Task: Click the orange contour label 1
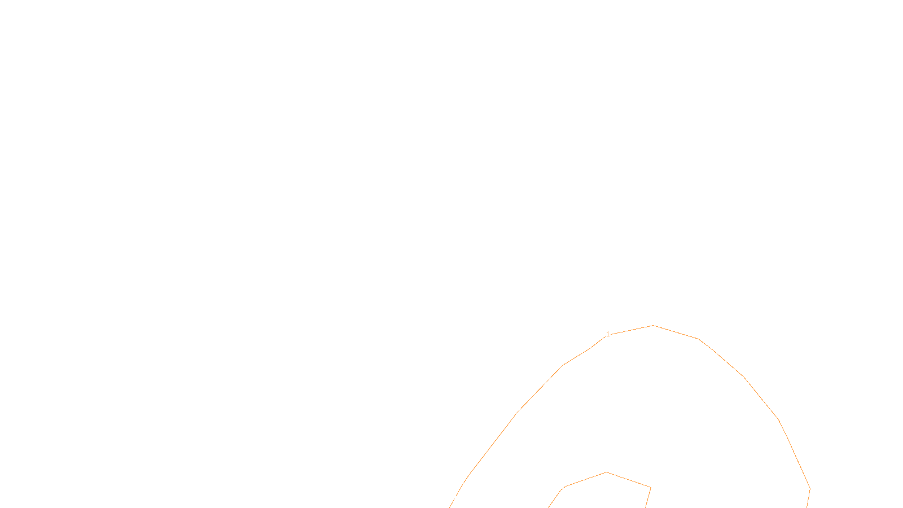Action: coord(608,335)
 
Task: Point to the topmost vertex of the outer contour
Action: coord(654,326)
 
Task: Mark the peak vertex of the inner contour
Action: coord(606,472)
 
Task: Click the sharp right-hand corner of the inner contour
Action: coord(651,487)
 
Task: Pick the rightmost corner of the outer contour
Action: coord(810,488)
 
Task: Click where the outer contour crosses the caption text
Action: coord(455,498)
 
